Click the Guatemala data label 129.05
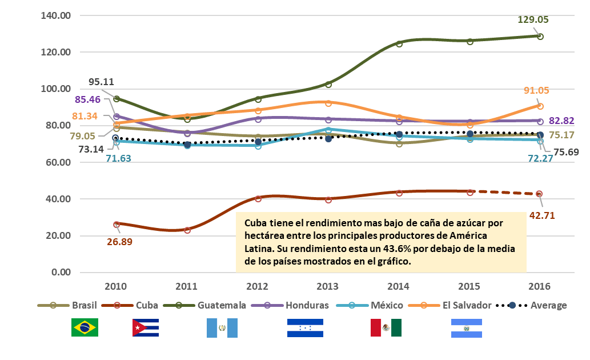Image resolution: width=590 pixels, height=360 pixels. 532,19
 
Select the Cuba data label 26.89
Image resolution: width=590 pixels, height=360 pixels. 124,242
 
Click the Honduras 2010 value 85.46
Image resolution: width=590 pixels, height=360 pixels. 84,99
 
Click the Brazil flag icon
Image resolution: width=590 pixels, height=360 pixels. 85,327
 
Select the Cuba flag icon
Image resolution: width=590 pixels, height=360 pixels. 145,327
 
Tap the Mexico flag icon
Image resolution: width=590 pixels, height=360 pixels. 386,327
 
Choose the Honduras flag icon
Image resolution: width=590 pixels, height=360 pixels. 305,327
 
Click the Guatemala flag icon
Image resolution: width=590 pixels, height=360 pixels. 222,327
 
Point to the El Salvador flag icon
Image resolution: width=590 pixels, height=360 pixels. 466,327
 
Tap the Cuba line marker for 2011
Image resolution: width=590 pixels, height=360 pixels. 187,230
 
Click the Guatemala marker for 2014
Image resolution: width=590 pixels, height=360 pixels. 399,43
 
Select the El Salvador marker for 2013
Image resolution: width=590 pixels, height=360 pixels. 328,103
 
